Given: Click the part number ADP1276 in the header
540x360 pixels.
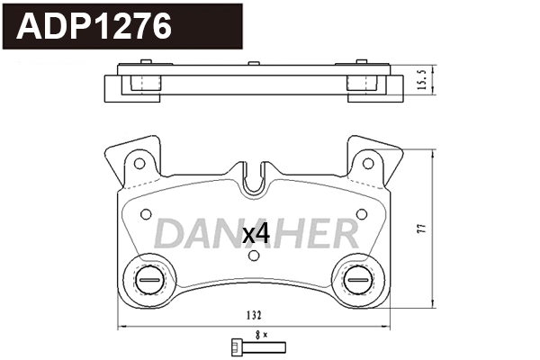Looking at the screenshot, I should point(95,27).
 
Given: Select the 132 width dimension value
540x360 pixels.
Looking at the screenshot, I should point(254,316).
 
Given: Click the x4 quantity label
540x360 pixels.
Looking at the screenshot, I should point(256,234).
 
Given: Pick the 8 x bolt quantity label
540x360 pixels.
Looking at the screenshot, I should point(261,334).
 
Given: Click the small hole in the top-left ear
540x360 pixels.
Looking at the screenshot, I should point(139,163).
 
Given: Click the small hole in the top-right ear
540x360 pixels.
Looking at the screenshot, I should point(368,163).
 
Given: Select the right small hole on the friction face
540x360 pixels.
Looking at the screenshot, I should point(361,213).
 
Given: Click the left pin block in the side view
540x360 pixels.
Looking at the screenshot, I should point(141,83).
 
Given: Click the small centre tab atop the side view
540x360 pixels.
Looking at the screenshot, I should point(254,63).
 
